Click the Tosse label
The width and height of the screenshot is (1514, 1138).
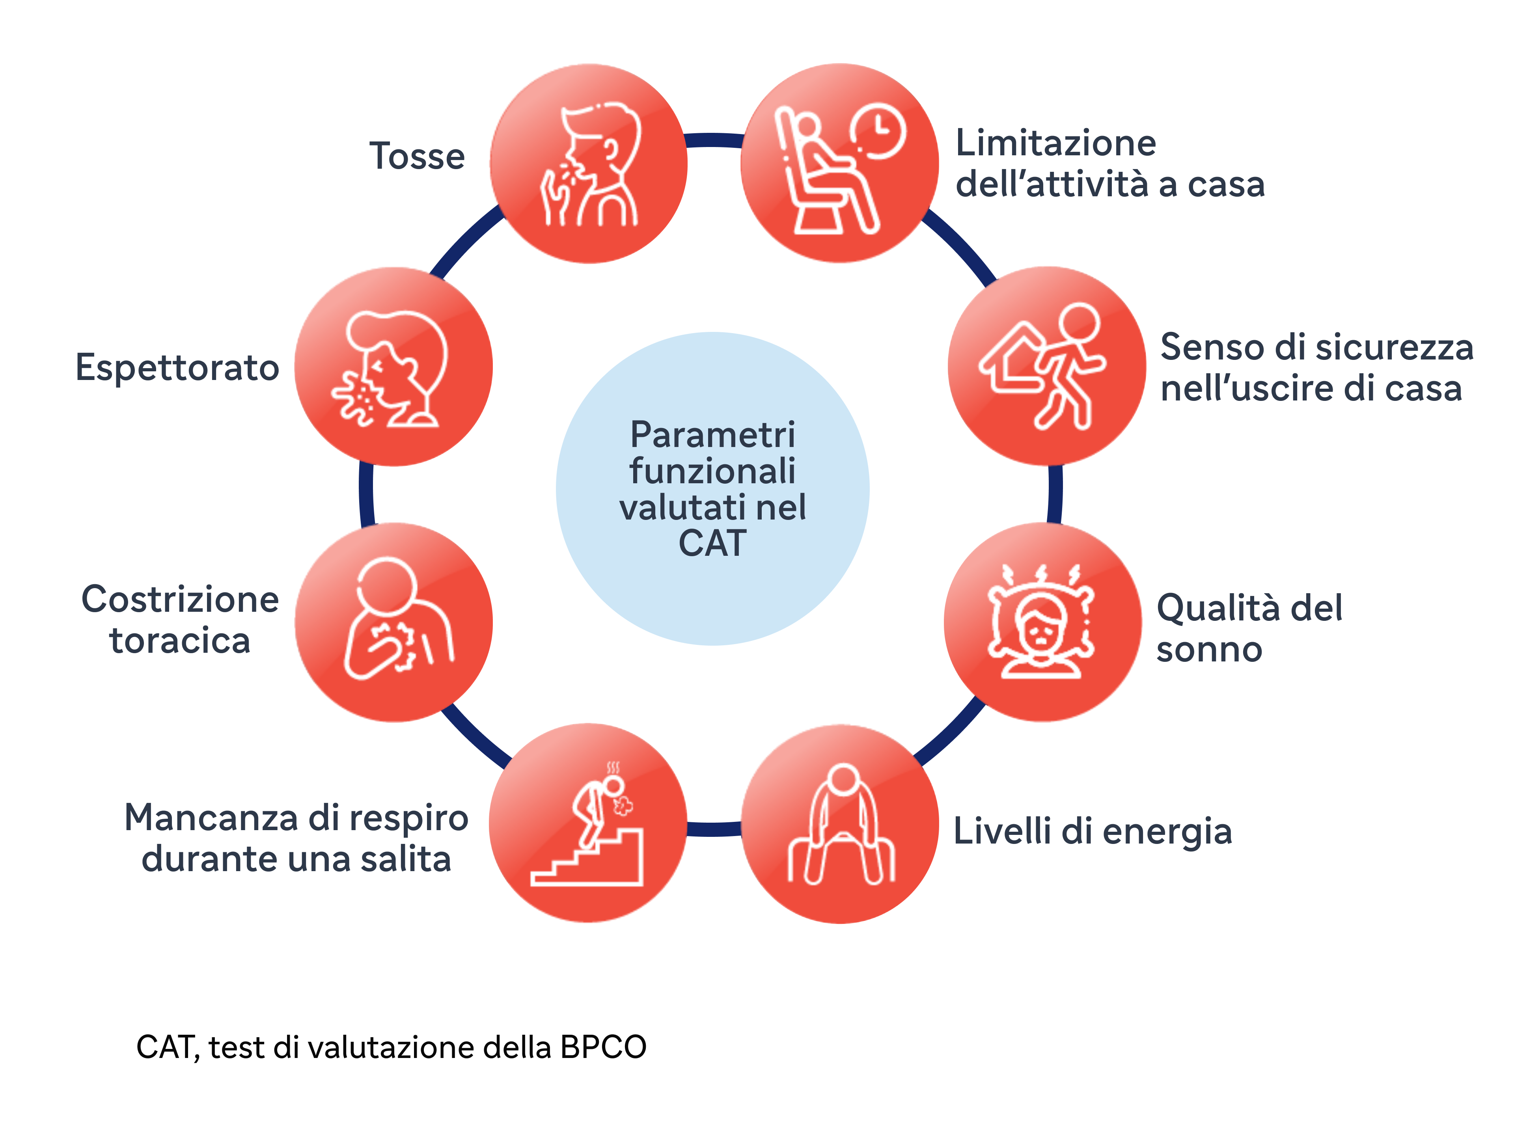coord(417,156)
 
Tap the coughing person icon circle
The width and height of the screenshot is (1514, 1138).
coord(589,164)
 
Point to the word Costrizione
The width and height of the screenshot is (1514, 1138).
coord(180,600)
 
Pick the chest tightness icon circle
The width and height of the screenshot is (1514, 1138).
coord(393,622)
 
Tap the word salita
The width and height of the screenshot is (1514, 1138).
coord(406,859)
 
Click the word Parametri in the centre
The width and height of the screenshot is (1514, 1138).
coord(712,434)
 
